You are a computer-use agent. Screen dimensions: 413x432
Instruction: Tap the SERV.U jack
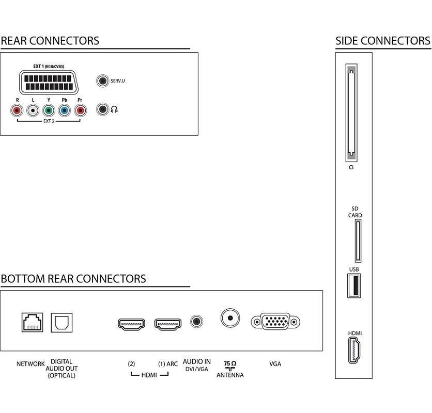coord(103,81)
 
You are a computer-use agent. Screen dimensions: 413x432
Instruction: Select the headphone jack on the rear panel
coord(103,109)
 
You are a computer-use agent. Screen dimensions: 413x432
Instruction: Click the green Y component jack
coord(48,110)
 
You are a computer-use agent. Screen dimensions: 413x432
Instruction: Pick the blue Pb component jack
coord(64,110)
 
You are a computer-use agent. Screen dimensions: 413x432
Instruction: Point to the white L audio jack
coord(33,110)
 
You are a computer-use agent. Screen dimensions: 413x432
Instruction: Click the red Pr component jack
coord(80,110)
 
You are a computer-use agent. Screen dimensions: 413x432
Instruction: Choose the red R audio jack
coord(17,110)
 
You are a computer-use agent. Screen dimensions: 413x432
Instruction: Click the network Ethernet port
coord(33,322)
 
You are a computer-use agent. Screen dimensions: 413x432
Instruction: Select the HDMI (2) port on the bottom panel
coord(132,324)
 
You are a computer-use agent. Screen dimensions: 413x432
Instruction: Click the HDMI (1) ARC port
coord(167,324)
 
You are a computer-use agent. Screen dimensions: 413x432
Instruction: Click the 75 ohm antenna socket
coord(230,317)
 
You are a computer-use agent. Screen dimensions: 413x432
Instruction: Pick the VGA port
coord(275,322)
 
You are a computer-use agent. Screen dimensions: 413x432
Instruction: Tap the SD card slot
coord(358,241)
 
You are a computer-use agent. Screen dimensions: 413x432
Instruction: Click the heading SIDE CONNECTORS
coord(382,40)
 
